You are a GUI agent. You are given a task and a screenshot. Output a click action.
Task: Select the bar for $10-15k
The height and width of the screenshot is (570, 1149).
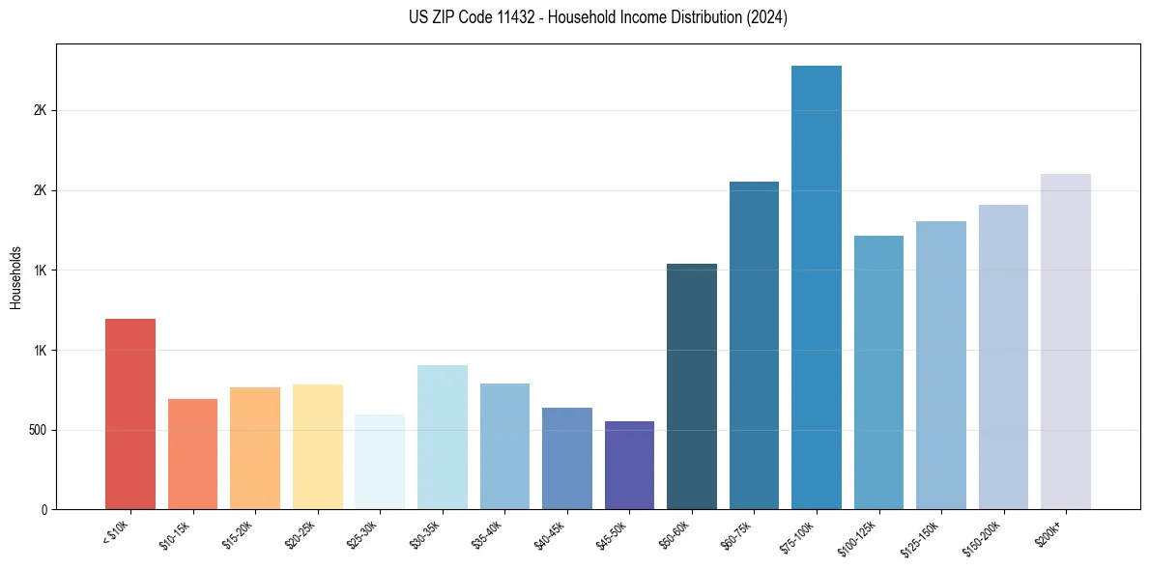coord(192,454)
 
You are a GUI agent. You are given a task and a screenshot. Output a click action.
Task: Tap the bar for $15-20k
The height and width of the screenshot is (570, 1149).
coord(255,448)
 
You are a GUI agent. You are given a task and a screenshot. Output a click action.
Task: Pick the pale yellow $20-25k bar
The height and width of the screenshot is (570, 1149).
coord(317,446)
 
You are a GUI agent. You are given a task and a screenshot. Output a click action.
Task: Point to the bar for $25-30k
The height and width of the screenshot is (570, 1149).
coord(380,462)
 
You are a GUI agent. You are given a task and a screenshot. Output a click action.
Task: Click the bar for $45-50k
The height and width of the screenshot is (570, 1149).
coord(629,465)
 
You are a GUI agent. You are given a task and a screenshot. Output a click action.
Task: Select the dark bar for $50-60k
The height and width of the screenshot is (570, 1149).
coord(692,386)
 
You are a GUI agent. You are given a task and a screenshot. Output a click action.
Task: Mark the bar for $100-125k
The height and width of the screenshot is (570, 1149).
coord(878,372)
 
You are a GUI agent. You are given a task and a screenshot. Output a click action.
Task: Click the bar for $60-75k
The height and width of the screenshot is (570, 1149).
coord(754,345)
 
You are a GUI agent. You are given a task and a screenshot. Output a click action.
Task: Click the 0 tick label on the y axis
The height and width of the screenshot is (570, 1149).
coord(44,509)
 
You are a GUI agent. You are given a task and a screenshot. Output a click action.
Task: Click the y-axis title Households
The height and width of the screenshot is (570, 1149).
coord(15,276)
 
